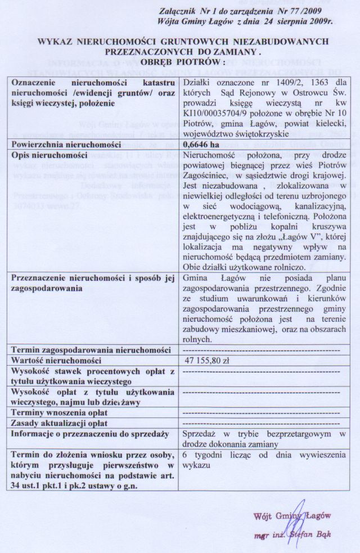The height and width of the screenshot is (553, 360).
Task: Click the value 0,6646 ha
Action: click(202, 143)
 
